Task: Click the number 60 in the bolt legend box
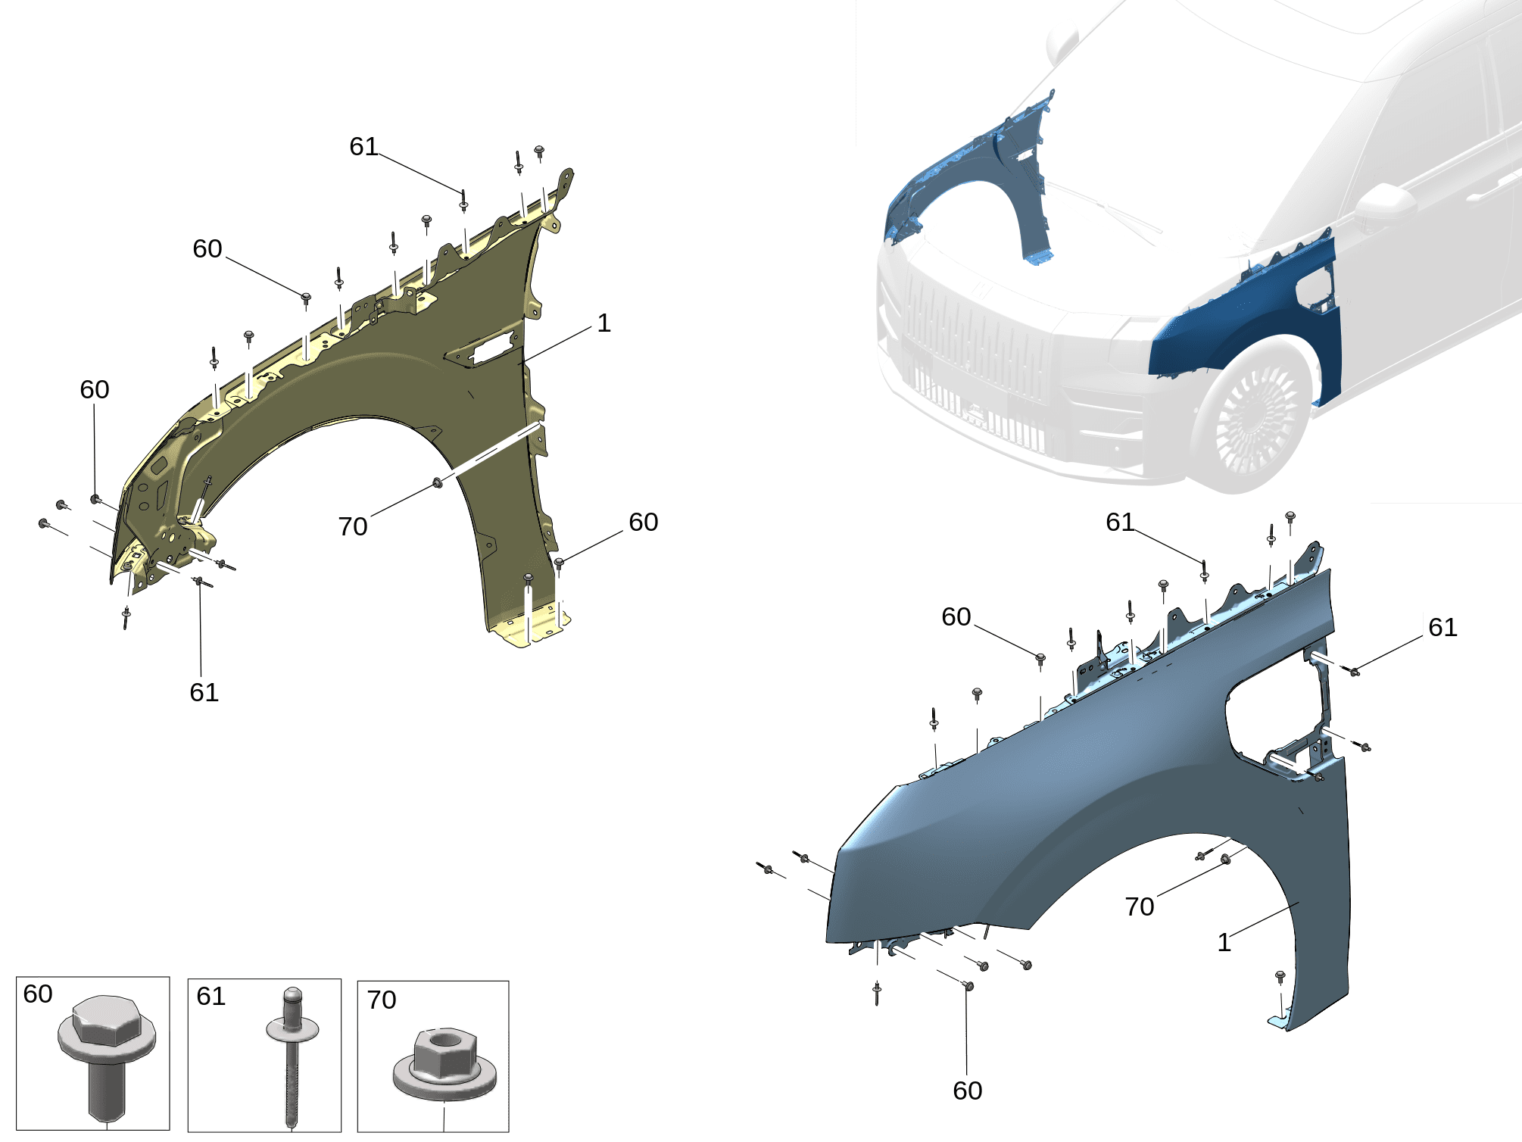coord(38,994)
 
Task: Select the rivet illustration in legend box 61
coord(292,1056)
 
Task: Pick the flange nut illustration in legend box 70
coord(444,1064)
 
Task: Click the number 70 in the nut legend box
coord(382,1000)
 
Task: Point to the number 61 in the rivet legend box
coord(211,996)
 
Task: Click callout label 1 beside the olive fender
coord(603,323)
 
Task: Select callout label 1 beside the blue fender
coord(1224,942)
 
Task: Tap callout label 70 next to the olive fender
coord(353,526)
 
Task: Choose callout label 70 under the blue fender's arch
coord(1140,906)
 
